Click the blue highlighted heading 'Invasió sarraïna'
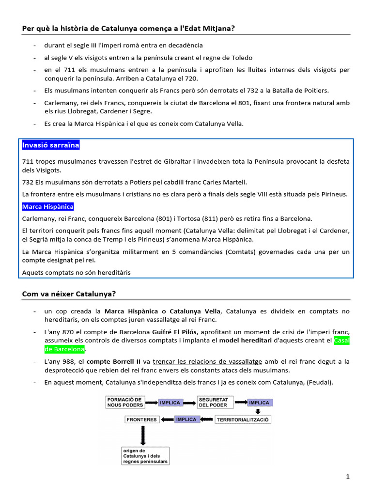click(51, 145)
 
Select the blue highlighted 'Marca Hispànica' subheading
click(48, 207)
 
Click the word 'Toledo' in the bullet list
click(241, 58)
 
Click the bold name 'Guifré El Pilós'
click(174, 332)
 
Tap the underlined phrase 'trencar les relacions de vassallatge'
click(207, 362)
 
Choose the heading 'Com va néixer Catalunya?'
click(69, 294)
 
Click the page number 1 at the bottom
click(348, 477)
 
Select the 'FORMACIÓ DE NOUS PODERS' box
click(125, 402)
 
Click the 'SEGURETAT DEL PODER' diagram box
click(215, 402)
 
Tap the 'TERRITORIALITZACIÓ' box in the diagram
click(243, 419)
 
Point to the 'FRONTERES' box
click(141, 419)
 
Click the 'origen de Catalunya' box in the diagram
click(145, 456)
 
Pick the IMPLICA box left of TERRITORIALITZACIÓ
click(186, 419)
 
